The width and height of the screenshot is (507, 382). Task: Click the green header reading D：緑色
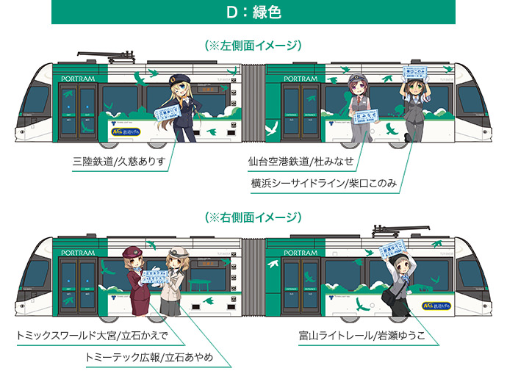coord(253,12)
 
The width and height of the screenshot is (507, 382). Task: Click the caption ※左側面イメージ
coord(253,46)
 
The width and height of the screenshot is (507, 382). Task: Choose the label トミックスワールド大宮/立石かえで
coord(93,336)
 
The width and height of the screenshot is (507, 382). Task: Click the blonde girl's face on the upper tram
coord(178,86)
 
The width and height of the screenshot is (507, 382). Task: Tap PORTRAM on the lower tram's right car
coord(300,252)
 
